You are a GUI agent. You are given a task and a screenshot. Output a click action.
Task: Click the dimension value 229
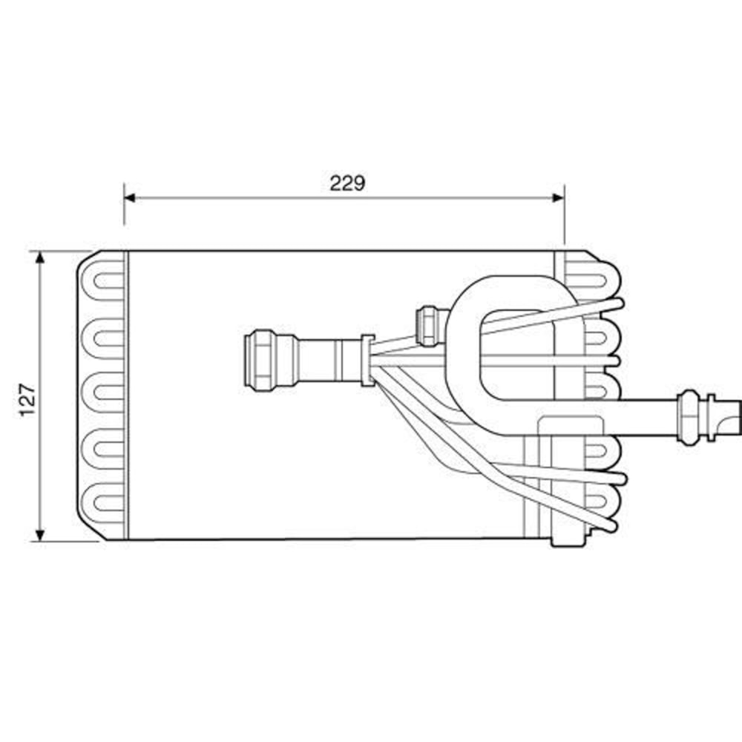347,183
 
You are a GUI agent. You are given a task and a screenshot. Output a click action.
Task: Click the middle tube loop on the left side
104,391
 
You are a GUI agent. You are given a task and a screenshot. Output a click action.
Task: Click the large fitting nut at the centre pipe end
260,360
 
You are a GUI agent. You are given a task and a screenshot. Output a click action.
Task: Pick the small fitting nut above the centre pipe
428,325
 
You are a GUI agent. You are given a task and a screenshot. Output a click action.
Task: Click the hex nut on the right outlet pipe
689,417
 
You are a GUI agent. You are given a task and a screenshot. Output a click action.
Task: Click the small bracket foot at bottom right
568,538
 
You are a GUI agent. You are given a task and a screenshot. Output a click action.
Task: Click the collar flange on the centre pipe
366,360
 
